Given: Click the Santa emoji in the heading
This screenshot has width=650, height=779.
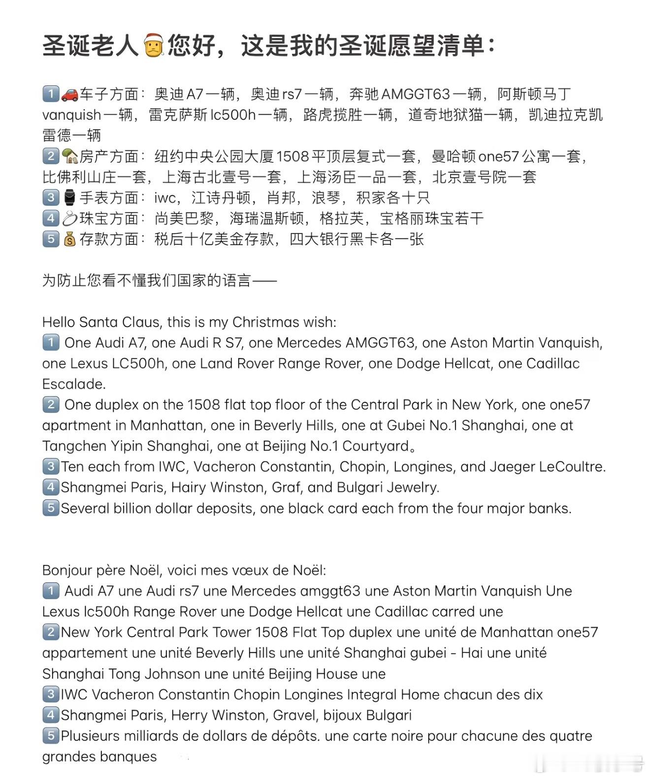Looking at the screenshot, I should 153,46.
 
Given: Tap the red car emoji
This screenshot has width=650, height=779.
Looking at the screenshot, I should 69,94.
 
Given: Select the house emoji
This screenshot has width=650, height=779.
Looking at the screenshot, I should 69,156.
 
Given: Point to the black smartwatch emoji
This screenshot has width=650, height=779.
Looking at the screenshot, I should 69,197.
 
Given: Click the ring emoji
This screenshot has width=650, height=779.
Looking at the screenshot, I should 69,218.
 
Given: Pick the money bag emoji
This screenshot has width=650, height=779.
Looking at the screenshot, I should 69,239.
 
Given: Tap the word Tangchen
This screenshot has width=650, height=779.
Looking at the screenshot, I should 72,446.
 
